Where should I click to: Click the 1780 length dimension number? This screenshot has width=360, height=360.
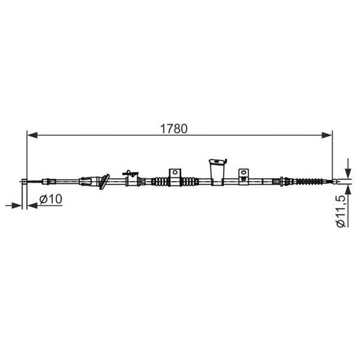[x=174, y=129]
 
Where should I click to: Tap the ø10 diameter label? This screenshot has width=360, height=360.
[x=51, y=199]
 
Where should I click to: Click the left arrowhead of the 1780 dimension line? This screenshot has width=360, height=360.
[x=32, y=135]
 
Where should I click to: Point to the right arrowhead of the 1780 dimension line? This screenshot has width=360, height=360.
[x=327, y=135]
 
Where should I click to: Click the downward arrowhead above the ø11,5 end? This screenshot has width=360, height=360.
[x=348, y=173]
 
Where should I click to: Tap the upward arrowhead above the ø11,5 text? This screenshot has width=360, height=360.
[x=348, y=190]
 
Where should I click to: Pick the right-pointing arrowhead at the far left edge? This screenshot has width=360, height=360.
[x=16, y=205]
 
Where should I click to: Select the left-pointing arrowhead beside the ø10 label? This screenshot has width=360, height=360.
[x=32, y=205]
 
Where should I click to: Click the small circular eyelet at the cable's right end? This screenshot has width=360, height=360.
[x=335, y=181]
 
